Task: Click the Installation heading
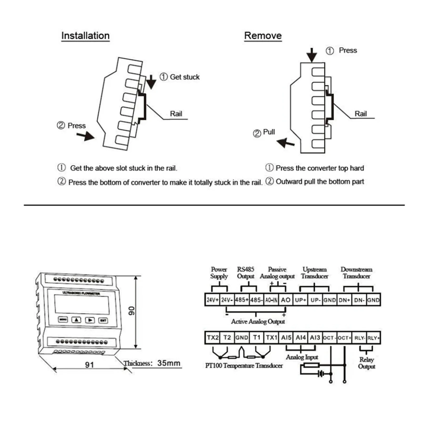85,36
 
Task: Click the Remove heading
263,36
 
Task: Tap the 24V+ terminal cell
212,300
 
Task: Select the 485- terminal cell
256,300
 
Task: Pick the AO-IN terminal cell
271,300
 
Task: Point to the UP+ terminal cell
300,300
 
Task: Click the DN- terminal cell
359,300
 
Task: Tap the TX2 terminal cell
212,338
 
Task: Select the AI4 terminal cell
300,338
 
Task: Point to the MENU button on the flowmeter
63,319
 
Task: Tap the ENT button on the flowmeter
103,320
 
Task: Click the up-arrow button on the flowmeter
76,320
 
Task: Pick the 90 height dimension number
131,311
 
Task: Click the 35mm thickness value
169,363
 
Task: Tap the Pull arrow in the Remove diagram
285,143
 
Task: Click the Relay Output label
367,363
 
